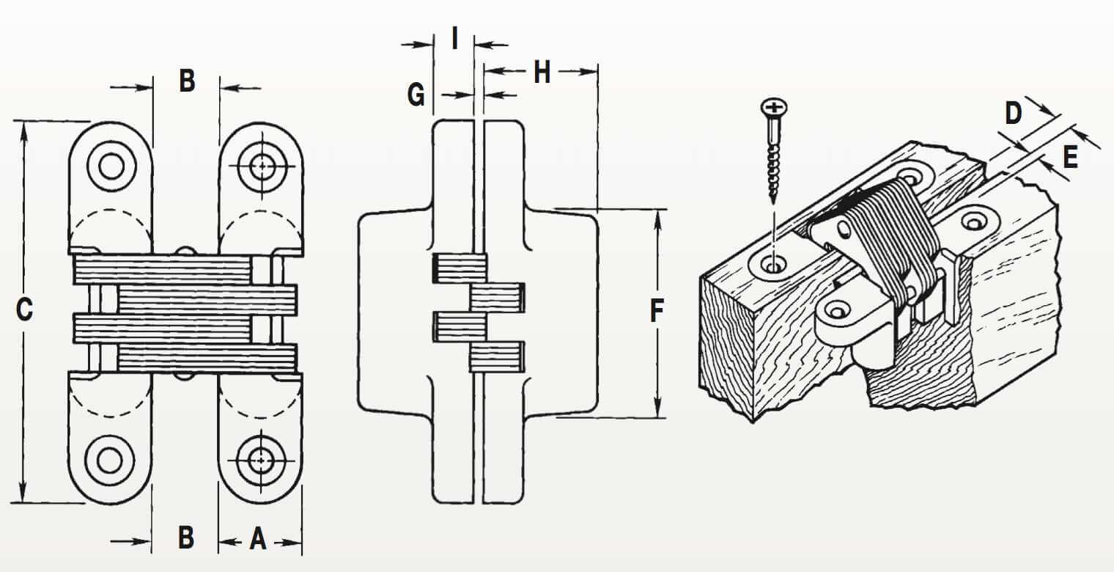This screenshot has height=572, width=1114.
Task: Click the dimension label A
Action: pyautogui.click(x=257, y=540)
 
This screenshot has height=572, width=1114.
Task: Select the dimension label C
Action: pyautogui.click(x=24, y=310)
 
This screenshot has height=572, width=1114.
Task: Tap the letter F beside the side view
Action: pyautogui.click(x=657, y=312)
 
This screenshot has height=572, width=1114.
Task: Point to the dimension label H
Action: pyautogui.click(x=542, y=73)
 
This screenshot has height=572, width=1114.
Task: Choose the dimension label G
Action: pyautogui.click(x=416, y=95)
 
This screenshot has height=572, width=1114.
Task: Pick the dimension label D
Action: pyautogui.click(x=1013, y=114)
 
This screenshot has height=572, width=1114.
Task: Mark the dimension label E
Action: pyautogui.click(x=1070, y=158)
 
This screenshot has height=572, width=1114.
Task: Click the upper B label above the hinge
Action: pyautogui.click(x=187, y=81)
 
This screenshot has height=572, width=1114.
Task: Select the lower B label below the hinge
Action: pyautogui.click(x=186, y=538)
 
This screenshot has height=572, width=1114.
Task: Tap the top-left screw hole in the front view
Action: pyautogui.click(x=111, y=166)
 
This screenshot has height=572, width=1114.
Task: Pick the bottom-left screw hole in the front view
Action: pyautogui.click(x=110, y=460)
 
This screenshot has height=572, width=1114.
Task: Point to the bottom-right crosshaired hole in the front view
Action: pyautogui.click(x=260, y=461)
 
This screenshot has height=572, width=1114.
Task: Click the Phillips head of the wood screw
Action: pyautogui.click(x=772, y=109)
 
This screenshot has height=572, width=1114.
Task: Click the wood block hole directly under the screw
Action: pyautogui.click(x=770, y=263)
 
